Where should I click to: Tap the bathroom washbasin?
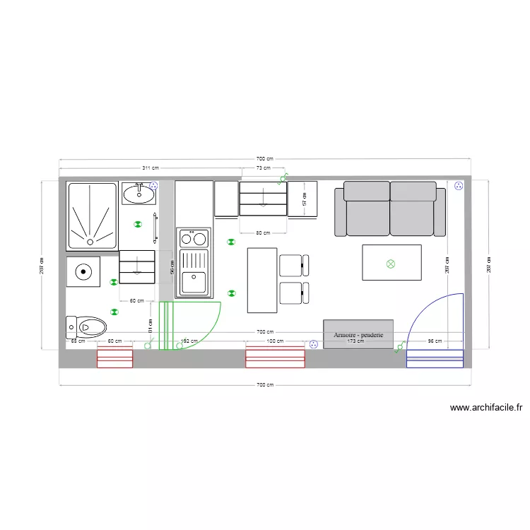(139, 193)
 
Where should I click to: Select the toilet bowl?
(92, 326)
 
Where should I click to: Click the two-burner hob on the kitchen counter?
(194, 238)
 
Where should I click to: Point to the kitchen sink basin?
(194, 282)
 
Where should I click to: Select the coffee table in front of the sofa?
(391, 262)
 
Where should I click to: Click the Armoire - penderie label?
(358, 334)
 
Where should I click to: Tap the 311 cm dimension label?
(150, 168)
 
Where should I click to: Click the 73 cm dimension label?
(263, 168)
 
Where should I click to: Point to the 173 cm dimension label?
(355, 341)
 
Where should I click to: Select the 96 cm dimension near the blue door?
(435, 341)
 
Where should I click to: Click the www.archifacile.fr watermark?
(486, 408)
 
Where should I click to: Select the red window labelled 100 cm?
(275, 358)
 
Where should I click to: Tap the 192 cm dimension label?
(189, 341)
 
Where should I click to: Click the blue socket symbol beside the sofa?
(458, 186)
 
